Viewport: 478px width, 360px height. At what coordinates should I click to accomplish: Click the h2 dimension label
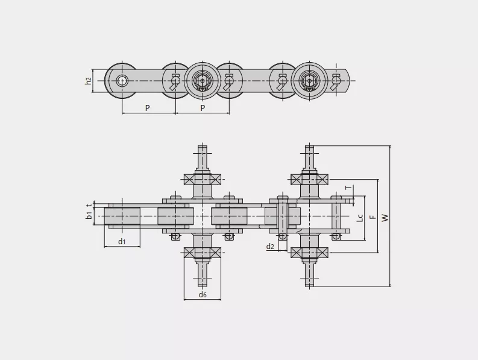(89, 81)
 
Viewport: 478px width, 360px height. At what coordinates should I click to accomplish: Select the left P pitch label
(148, 108)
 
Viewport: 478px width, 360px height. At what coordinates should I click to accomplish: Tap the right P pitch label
(203, 108)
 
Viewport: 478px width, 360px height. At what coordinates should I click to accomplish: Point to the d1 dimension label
(122, 242)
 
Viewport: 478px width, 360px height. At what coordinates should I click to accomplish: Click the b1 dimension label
(89, 215)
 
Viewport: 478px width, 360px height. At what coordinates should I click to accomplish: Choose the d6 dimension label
(203, 294)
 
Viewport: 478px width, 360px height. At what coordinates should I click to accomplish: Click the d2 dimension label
(270, 246)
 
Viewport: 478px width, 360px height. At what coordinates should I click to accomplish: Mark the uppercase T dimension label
(348, 188)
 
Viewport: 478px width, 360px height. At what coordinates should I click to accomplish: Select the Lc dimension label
(360, 218)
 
